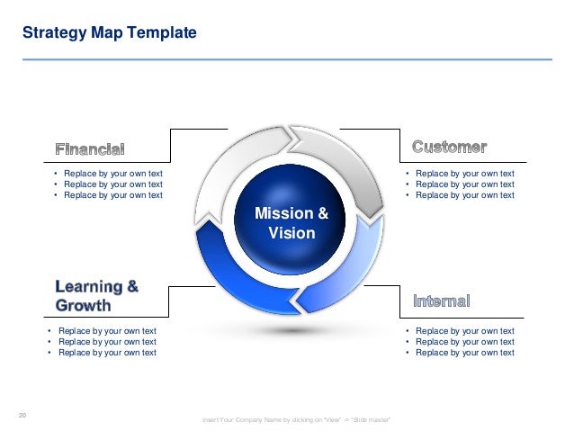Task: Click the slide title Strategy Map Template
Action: click(x=109, y=33)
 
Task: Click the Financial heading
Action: click(x=90, y=148)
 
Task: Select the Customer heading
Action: click(x=449, y=146)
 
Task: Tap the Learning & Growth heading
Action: click(x=97, y=296)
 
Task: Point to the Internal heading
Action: click(x=441, y=301)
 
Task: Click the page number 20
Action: click(x=22, y=414)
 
